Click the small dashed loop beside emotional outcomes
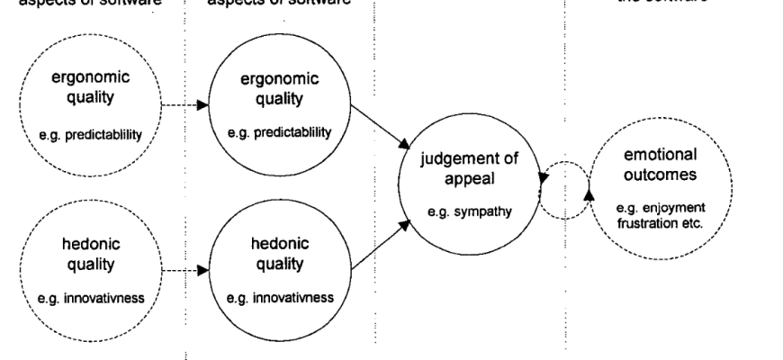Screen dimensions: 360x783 tap(562, 188)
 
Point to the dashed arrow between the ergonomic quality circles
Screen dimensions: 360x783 tap(185, 105)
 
